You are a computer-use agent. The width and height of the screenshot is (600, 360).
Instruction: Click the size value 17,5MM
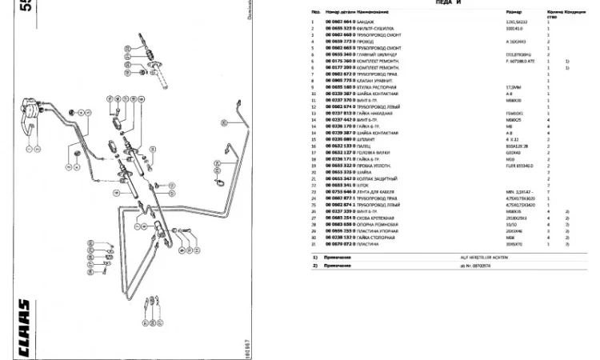490,86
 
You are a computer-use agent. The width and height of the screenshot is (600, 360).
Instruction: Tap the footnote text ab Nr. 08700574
498,265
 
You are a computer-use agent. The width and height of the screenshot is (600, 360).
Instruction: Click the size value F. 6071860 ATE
501,61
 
